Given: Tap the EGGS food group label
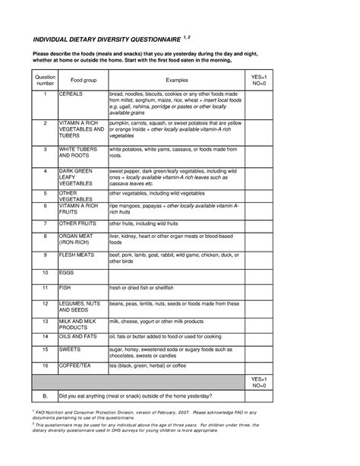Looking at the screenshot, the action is [x=68, y=271].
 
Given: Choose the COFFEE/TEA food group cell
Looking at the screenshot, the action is [x=76, y=365].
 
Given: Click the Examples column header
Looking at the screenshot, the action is [x=177, y=79].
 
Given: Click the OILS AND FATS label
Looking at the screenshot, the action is [x=81, y=334].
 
